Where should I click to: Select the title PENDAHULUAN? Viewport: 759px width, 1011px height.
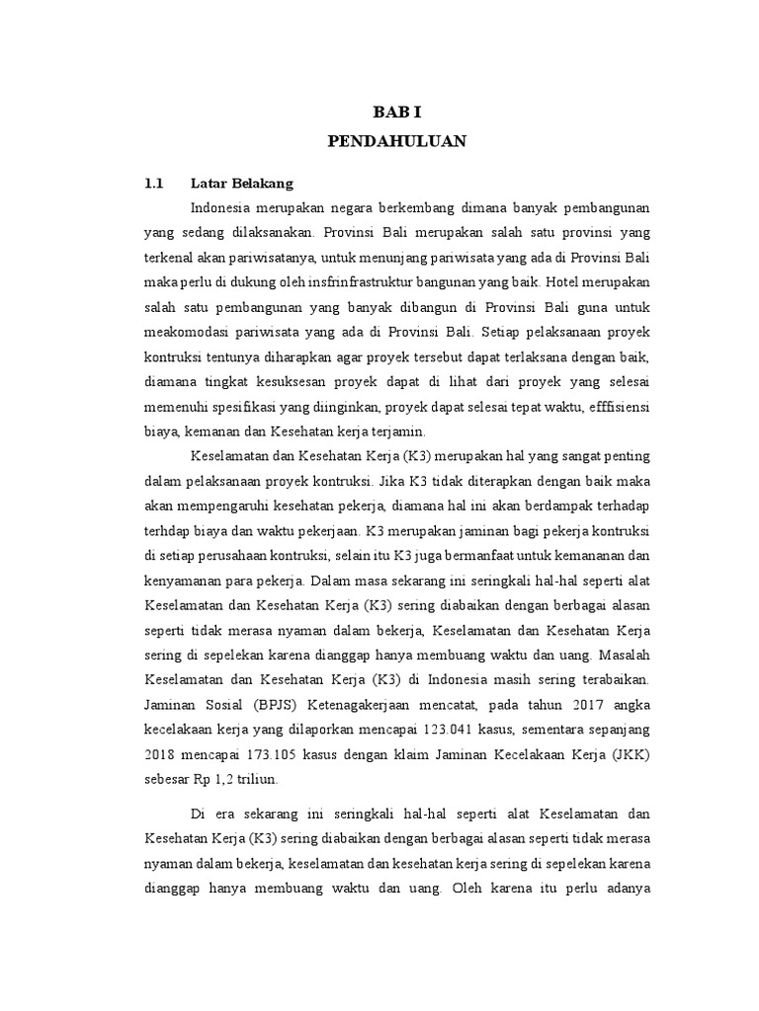coord(396,142)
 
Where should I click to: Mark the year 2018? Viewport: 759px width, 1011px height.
coord(160,754)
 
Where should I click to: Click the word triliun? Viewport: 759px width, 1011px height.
coord(256,779)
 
